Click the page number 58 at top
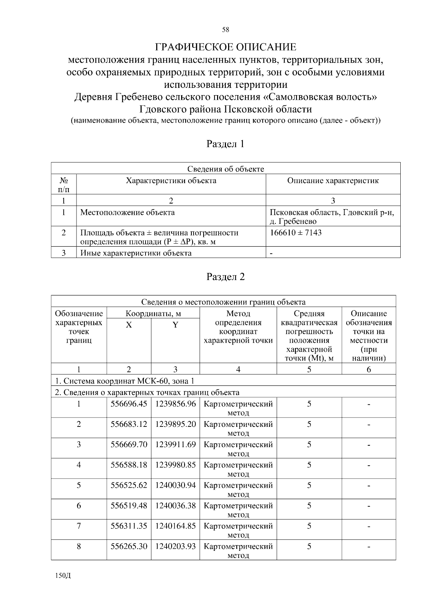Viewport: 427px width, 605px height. click(x=226, y=30)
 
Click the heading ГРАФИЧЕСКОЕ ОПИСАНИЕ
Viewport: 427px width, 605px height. click(x=226, y=47)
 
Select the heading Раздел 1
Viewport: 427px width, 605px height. click(x=226, y=144)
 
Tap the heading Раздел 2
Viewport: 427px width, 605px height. click(x=226, y=277)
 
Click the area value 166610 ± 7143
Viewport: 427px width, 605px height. click(x=296, y=233)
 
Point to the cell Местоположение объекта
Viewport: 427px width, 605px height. click(x=127, y=213)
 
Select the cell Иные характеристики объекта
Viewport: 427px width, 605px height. click(x=136, y=253)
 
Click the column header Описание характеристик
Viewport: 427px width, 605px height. click(x=333, y=181)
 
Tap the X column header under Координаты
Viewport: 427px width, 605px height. click(x=129, y=325)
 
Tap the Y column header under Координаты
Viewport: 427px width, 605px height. click(x=175, y=325)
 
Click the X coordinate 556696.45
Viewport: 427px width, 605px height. click(x=129, y=404)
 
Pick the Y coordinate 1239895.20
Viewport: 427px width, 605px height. click(x=175, y=424)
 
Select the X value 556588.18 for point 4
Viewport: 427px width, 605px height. click(x=129, y=465)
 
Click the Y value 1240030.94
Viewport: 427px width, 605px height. click(x=175, y=485)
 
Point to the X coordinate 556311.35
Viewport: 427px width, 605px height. click(x=129, y=526)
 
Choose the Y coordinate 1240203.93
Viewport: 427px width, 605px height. click(x=175, y=546)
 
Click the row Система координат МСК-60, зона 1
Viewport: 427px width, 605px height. click(x=125, y=381)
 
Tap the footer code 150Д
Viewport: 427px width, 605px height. click(x=63, y=576)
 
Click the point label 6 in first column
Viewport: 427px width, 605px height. click(x=79, y=506)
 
